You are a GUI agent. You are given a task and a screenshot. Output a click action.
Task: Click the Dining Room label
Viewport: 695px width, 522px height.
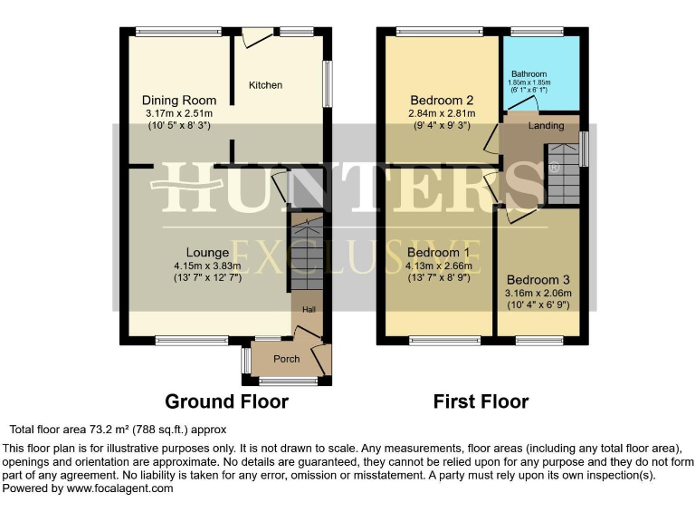coord(179,100)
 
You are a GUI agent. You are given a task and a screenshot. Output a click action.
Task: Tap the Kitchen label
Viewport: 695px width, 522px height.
coord(266,85)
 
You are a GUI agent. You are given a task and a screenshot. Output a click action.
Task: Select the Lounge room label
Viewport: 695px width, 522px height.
coord(208,252)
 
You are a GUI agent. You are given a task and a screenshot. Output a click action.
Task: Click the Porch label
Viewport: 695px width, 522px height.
coord(287,359)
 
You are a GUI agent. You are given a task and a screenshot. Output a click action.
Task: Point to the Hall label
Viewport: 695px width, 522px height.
coord(309,310)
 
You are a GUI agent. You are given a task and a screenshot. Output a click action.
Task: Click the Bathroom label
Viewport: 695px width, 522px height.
coord(529,74)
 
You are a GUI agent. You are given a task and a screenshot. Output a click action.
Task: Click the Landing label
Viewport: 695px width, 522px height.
coord(546,125)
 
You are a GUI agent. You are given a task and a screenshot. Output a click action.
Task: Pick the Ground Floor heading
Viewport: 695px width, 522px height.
coord(226,401)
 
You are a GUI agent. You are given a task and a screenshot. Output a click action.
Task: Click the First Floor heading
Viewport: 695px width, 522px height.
coord(481,401)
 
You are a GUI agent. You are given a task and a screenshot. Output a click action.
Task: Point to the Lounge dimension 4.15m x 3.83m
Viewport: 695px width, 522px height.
coord(208,266)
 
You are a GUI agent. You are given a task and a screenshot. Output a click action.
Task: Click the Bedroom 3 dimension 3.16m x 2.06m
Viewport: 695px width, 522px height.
coord(539,293)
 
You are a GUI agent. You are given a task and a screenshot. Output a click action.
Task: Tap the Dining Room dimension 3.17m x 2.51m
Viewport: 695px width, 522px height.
coord(179,113)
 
